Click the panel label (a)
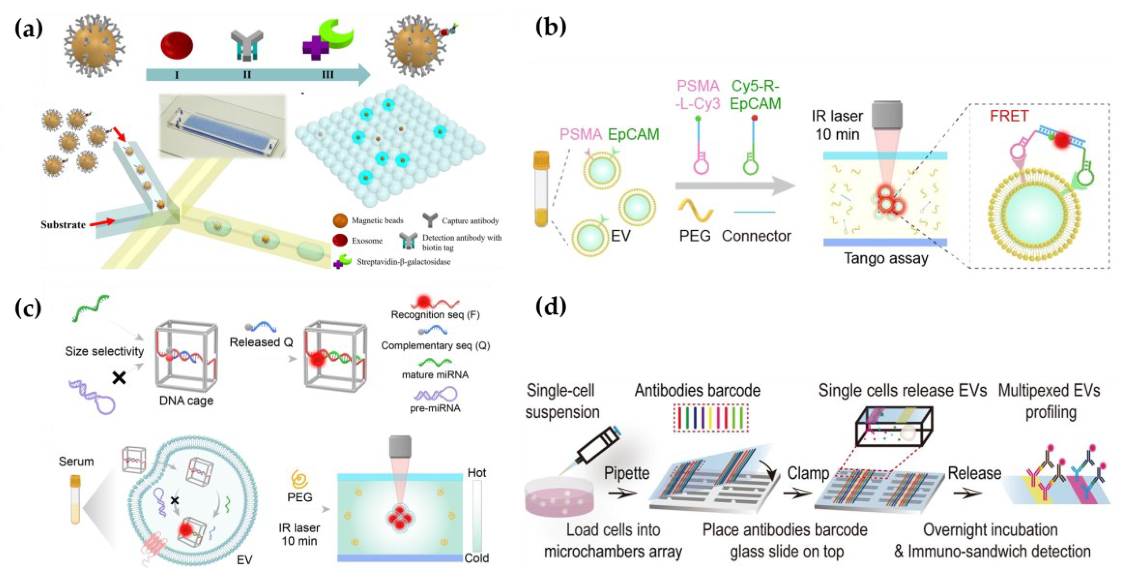[x=29, y=29]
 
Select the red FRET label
[x=1009, y=116]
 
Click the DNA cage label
[x=186, y=400]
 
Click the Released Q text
[x=261, y=342]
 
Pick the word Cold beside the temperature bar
[x=476, y=558]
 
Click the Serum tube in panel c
[x=76, y=499]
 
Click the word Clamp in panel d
[x=808, y=473]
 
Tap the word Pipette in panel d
[x=626, y=473]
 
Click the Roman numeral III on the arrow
[x=327, y=75]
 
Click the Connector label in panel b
[x=756, y=236]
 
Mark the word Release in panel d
[x=974, y=473]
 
